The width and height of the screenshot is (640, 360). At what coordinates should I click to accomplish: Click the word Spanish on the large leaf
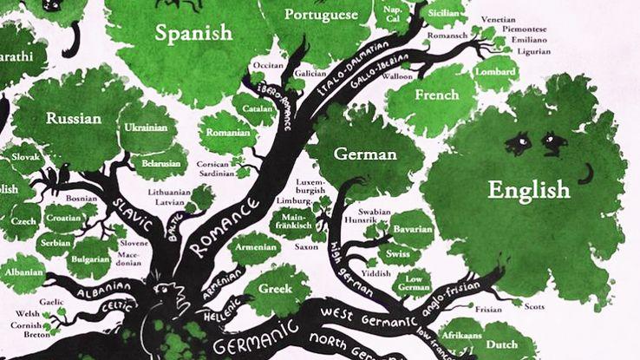(x=194, y=33)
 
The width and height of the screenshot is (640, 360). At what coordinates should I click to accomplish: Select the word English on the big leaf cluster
(x=528, y=189)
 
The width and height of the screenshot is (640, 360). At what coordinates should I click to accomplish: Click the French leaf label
(x=436, y=95)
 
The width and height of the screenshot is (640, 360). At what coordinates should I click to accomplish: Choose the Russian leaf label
(x=74, y=118)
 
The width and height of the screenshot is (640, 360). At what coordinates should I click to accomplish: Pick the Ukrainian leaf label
(x=146, y=128)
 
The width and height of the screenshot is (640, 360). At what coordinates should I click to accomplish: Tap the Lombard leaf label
(x=495, y=72)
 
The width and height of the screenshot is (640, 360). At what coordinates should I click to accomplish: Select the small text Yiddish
(x=377, y=272)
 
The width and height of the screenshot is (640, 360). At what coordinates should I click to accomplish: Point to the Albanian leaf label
(x=23, y=271)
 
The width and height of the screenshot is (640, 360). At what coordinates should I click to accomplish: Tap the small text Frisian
(x=491, y=307)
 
